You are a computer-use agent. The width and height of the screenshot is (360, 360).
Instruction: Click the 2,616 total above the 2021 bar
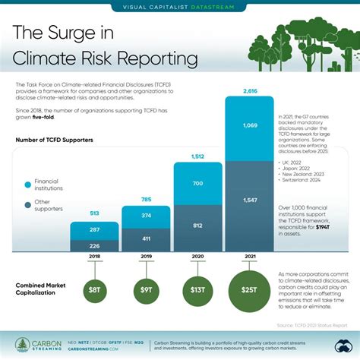pos(250,90)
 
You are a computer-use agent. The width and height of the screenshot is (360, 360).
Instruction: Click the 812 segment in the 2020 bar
pos(198,226)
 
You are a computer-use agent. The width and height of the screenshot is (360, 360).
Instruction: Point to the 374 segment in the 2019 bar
pos(147,215)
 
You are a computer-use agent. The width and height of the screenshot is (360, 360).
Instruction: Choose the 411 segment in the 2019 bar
pos(147,238)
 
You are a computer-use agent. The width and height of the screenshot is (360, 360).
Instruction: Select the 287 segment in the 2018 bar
pos(95,229)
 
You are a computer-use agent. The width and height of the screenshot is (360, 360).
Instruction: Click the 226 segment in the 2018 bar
pos(95,245)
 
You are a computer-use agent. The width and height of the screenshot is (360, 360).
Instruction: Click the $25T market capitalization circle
pos(250,290)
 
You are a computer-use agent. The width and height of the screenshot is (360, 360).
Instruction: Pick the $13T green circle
pos(198,289)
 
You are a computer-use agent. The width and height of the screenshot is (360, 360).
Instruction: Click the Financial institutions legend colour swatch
pos(28,185)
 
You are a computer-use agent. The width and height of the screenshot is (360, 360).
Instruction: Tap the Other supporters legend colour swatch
pos(28,204)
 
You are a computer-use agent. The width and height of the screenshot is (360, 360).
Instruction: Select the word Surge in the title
pos(97,33)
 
